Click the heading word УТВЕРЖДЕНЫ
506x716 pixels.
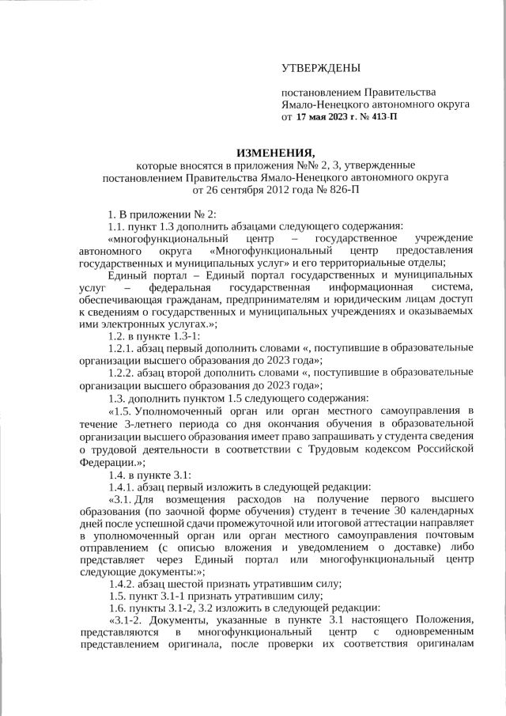point(321,68)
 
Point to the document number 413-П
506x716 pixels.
point(380,117)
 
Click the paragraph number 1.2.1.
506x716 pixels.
point(123,348)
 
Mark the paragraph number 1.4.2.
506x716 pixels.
point(123,584)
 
